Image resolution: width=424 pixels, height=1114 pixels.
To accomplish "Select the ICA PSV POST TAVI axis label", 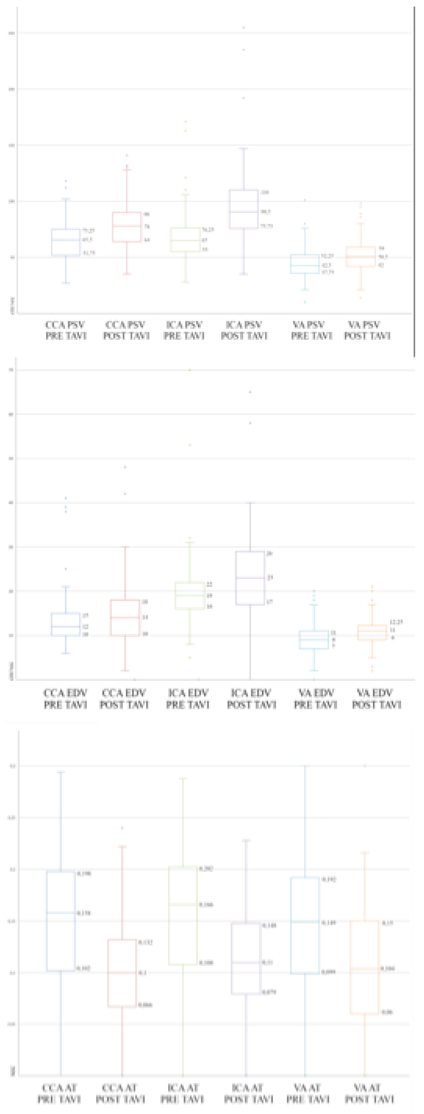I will [244, 330].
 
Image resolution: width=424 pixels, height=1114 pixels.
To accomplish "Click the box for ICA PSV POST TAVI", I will [244, 209].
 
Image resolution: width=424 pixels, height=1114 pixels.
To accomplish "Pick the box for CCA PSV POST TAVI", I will [127, 227].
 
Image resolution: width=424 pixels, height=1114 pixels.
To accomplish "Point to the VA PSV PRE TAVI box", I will [305, 264].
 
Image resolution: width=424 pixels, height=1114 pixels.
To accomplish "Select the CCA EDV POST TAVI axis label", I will [124, 699].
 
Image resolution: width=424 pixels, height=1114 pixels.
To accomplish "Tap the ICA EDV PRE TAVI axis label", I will [188, 699].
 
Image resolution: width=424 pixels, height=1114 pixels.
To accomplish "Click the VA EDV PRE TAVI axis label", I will [315, 699].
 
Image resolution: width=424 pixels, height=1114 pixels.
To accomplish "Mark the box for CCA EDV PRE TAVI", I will [66, 624].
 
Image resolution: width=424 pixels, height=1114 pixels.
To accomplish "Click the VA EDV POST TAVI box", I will [372, 632].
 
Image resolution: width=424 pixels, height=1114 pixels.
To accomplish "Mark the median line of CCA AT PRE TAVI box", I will [61, 913].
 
